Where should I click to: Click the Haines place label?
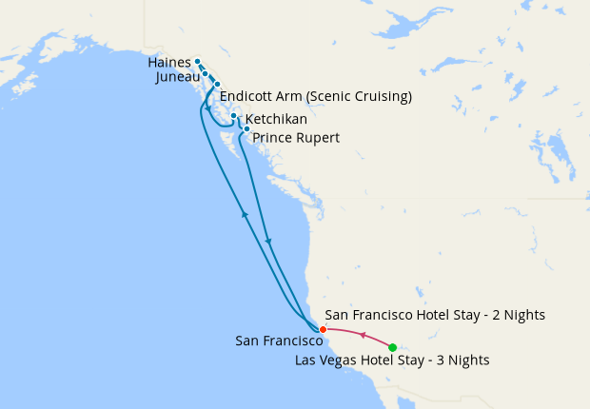pos(169,63)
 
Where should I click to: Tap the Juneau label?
pos(176,77)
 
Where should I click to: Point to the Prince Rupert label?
pos(296,138)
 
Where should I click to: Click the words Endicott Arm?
pos(265,96)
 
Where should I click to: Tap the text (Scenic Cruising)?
pos(364,96)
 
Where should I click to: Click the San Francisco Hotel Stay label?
pos(435,315)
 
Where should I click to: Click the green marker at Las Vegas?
pos(393,347)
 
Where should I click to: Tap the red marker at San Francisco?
pos(323,330)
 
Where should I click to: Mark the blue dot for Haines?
pos(197,62)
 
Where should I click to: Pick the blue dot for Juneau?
pos(205,72)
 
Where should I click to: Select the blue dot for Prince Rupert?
pos(246,128)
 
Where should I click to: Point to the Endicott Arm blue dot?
pos(216,85)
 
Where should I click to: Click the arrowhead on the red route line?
pos(362,334)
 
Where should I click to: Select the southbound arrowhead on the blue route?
pos(269,242)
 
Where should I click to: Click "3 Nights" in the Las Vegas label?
pos(461,360)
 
